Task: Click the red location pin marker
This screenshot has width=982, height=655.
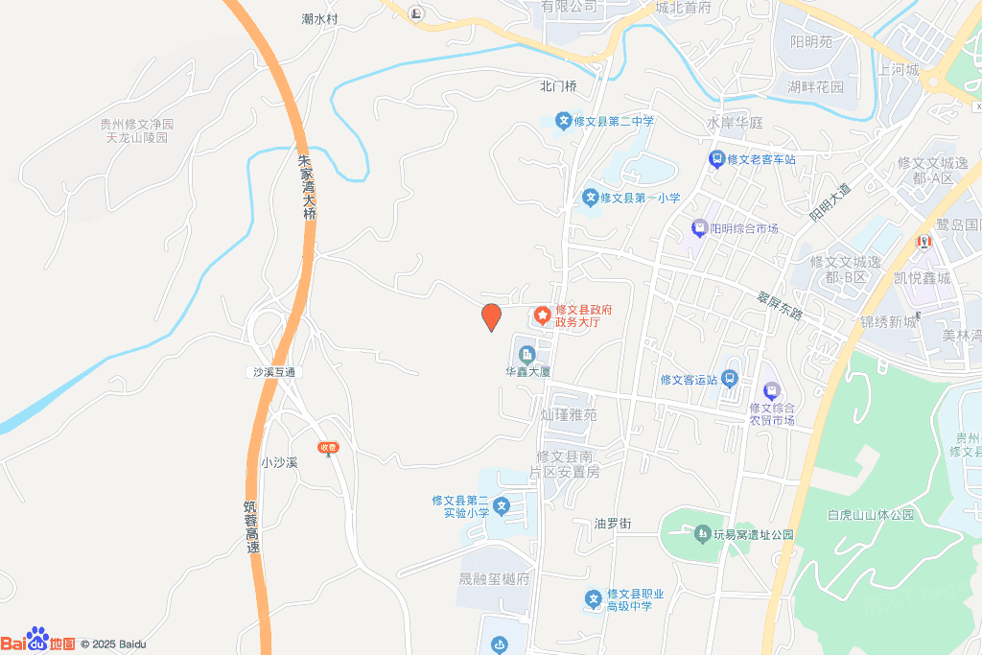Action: pos(491,316)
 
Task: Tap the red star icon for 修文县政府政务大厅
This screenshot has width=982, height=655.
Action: pos(542,315)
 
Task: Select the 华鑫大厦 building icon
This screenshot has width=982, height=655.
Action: pos(526,356)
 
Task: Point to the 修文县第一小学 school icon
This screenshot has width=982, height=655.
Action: pos(592,198)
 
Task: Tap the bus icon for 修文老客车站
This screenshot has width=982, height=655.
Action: pos(715,159)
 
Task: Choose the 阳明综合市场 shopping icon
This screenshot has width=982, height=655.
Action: pos(699,228)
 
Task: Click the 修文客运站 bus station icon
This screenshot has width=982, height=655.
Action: pos(730,379)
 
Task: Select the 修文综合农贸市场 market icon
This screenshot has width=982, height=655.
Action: pos(771,391)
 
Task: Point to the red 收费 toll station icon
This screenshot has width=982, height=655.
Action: pos(329,447)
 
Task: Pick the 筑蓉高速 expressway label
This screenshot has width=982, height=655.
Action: pos(252,526)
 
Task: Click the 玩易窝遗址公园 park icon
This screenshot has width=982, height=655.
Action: pos(704,533)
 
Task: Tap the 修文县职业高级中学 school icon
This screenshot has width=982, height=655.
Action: pos(594,599)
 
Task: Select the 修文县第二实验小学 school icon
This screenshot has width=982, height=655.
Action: pos(502,505)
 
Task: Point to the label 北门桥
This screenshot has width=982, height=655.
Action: pos(558,86)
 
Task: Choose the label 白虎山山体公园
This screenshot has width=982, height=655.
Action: pos(871,515)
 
